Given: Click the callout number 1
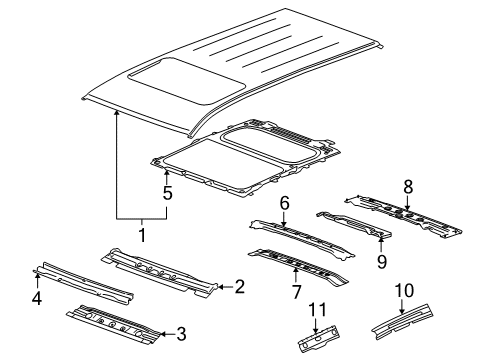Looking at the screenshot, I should click(x=141, y=236).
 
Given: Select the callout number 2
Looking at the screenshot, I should click(x=240, y=288).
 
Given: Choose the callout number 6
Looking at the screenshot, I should click(x=284, y=203).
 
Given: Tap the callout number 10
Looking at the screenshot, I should click(x=404, y=289).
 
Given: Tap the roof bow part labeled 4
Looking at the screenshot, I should click(x=85, y=283).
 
